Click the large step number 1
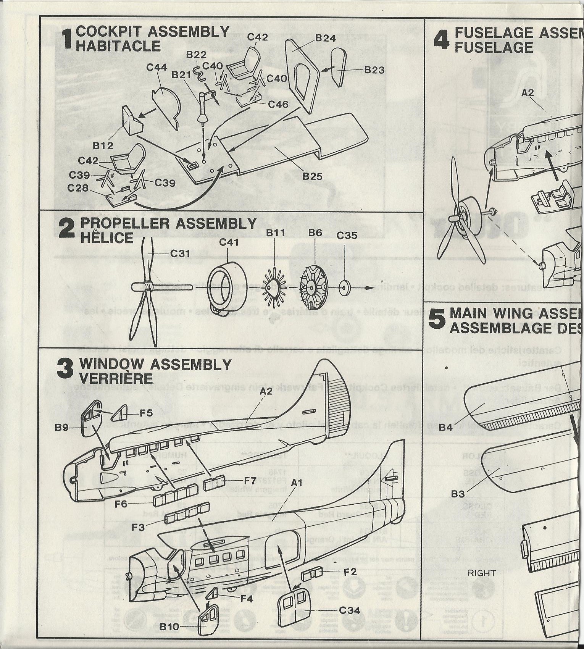coord(67,39)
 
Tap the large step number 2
coord(67,230)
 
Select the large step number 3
coord(65,370)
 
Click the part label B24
coord(325,38)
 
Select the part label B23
coord(374,70)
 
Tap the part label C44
coord(156,67)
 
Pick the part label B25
coord(312,176)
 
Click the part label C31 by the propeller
coord(180,253)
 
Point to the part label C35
coord(347,236)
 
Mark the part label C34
coord(349,610)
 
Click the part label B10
coord(169,626)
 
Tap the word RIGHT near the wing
coord(482,573)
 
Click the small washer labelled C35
coord(345,287)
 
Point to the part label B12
coord(103,145)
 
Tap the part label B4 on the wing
coord(446,427)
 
